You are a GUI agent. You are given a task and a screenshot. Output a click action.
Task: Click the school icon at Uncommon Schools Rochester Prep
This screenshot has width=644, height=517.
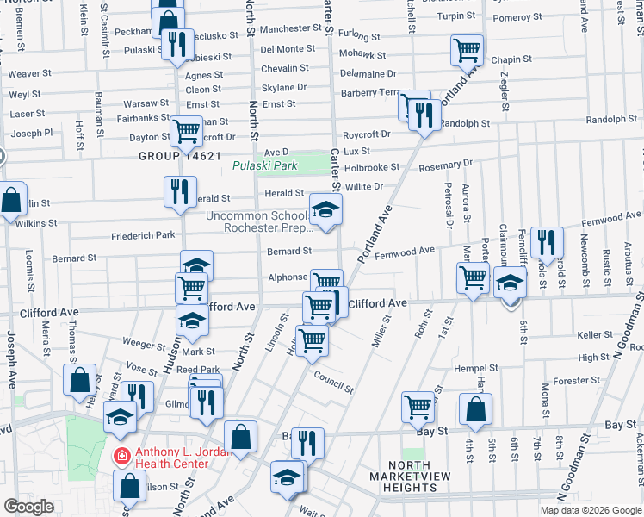coord(325,209)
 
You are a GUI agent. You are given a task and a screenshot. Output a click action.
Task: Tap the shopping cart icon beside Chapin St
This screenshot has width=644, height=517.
coord(467,50)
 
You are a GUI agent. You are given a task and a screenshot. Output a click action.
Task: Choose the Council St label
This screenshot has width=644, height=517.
coord(333,383)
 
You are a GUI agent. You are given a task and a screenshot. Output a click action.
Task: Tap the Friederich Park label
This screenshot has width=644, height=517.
coord(143,234)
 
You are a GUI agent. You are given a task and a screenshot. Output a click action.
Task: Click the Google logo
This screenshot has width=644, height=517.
coord(29,507)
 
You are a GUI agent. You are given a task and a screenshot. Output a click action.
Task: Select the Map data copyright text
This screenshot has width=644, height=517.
coord(590,509)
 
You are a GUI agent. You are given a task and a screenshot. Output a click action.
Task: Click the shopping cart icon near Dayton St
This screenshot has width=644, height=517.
coord(186,131)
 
